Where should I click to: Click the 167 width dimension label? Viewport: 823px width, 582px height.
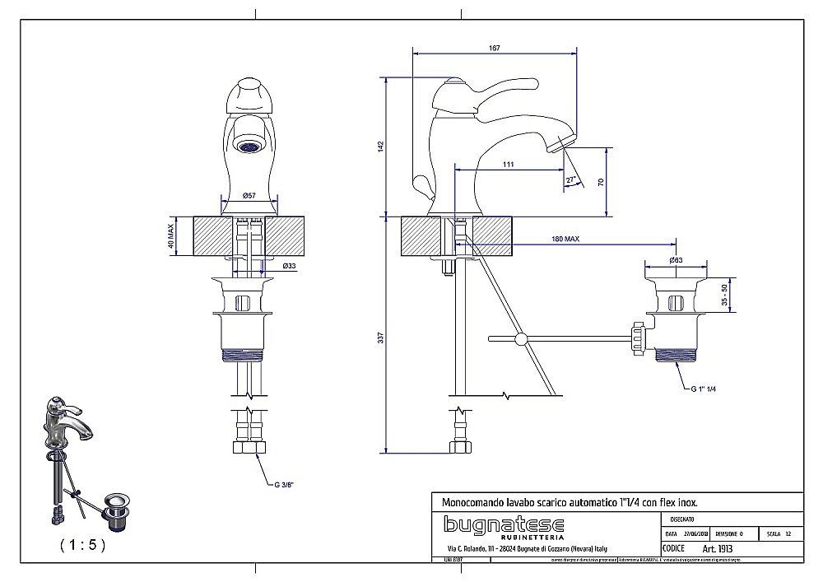[x=494, y=49]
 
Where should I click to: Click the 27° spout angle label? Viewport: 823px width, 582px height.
[x=570, y=179]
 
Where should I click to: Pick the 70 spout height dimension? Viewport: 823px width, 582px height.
[x=601, y=182]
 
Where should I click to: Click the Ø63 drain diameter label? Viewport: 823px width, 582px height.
[x=675, y=261]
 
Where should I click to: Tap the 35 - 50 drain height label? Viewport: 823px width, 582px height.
[x=724, y=295]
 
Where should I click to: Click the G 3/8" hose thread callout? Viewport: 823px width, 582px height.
[x=285, y=485]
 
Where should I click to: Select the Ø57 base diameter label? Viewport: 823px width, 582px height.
[x=249, y=195]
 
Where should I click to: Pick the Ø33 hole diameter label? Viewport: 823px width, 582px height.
[x=289, y=267]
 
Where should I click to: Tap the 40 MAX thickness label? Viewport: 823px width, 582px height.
[x=171, y=235]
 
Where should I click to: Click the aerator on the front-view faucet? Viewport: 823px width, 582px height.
[x=247, y=147]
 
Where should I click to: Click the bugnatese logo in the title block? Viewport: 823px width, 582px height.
[x=504, y=525]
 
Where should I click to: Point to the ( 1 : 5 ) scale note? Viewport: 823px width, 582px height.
[x=82, y=544]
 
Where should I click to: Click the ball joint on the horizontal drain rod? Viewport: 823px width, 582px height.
[x=520, y=338]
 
